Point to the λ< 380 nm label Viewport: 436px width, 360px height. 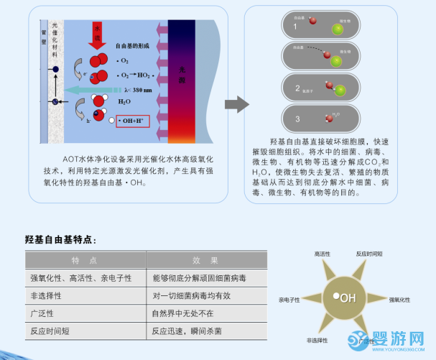pos(136,90)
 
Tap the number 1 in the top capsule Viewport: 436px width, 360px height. pos(295,27)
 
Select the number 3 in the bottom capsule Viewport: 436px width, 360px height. pos(297,117)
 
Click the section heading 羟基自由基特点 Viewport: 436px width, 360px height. pos(60,239)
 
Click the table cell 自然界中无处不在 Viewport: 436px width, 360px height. pos(182,313)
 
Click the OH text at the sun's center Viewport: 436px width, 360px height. pos(348,298)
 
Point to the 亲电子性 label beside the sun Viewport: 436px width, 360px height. pos(284,300)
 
